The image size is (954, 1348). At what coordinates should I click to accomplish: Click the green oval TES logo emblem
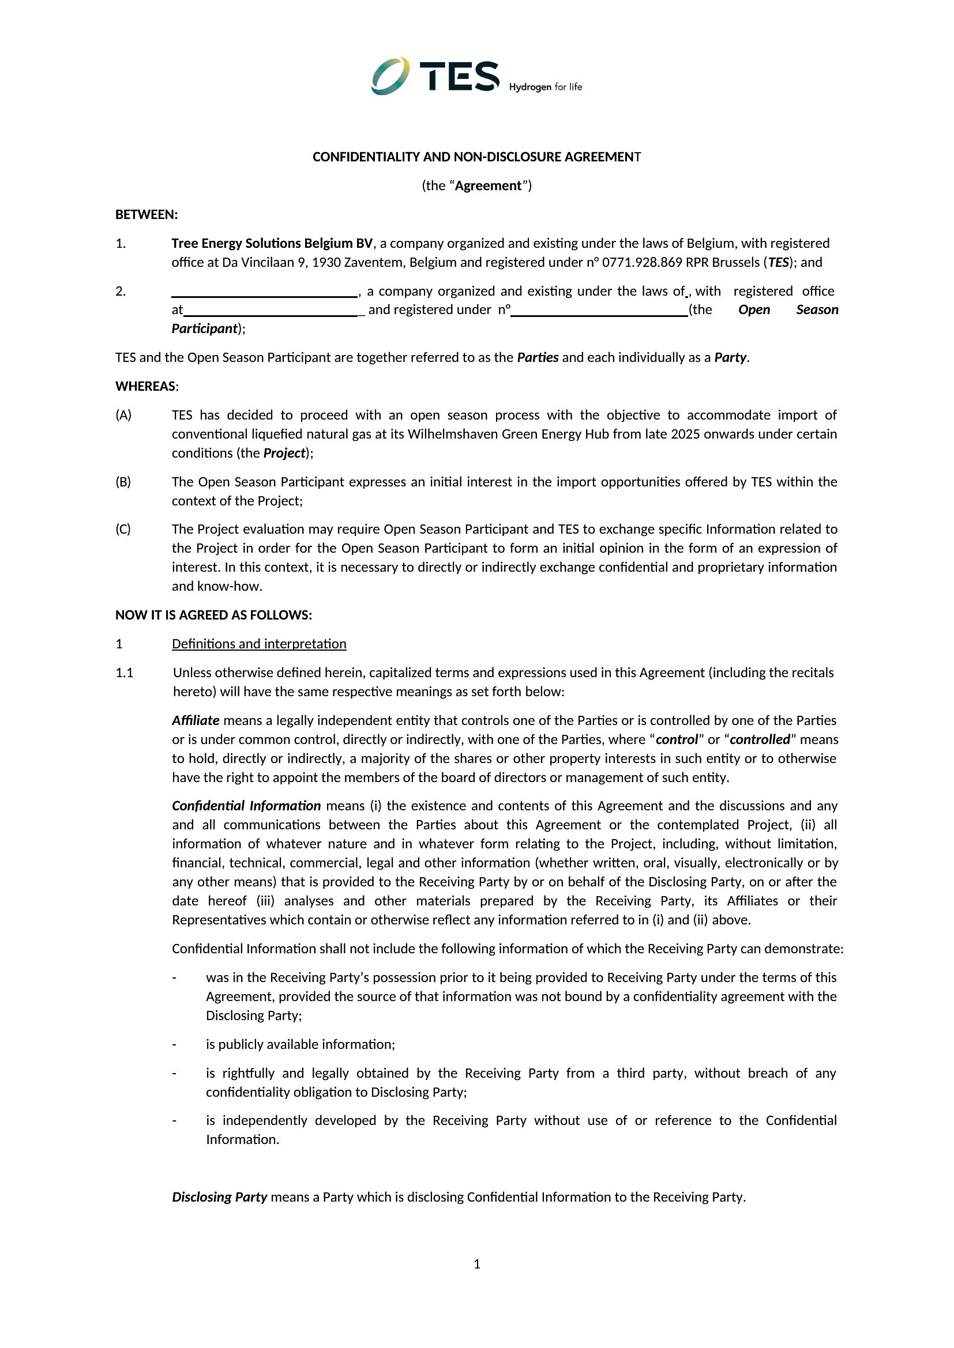click(390, 75)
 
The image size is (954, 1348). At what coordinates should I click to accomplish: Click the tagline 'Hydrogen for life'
click(545, 87)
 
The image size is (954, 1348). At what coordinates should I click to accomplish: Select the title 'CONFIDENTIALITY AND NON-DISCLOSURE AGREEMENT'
click(476, 157)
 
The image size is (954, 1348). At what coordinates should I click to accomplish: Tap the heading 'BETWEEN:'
click(147, 214)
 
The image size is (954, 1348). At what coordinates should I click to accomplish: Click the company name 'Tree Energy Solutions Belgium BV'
click(272, 243)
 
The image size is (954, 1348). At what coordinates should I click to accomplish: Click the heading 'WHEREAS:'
click(147, 386)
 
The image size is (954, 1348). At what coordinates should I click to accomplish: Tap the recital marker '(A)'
click(123, 415)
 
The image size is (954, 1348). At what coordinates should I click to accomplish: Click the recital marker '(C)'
click(123, 529)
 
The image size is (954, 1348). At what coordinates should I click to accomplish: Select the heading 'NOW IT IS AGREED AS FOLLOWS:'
click(213, 615)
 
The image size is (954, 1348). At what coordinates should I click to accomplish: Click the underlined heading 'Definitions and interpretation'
click(259, 644)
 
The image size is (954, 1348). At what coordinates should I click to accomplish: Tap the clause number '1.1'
click(125, 672)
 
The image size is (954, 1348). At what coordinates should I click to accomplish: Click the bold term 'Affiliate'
click(196, 720)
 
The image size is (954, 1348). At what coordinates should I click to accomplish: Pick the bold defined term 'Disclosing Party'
click(220, 1196)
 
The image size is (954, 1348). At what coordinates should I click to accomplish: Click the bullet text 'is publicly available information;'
click(300, 1044)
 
